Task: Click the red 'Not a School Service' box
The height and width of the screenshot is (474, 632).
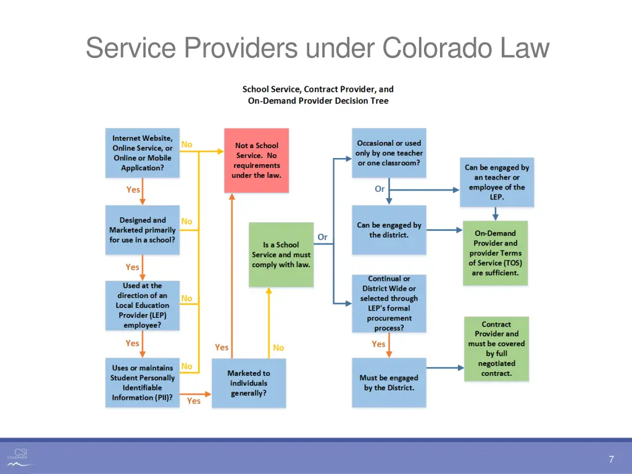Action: [x=256, y=160]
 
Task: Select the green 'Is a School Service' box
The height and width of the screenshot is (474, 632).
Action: [x=281, y=254]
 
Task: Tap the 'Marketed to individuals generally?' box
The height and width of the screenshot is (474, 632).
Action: [x=249, y=383]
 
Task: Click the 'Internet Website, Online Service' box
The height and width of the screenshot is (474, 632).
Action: [x=143, y=153]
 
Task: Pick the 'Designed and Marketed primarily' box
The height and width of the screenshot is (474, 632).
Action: [x=143, y=230]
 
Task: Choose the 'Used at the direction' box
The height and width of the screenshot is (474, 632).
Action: [x=143, y=305]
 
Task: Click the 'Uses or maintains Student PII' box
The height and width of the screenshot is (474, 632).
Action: [x=143, y=383]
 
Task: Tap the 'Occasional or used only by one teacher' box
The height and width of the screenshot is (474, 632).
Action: [x=389, y=153]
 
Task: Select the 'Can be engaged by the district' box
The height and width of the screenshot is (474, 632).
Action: [x=389, y=230]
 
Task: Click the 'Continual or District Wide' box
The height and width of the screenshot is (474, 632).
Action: [x=389, y=304]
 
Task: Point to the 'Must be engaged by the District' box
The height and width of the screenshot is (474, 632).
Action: [x=389, y=383]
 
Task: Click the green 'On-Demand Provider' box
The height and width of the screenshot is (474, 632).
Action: [x=495, y=253]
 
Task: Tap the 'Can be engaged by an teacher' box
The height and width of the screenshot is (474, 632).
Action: [x=497, y=182]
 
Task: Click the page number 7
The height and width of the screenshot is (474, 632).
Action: [x=611, y=459]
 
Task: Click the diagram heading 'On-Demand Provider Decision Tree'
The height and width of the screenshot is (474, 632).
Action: [x=318, y=101]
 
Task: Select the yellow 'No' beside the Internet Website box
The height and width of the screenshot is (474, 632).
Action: [x=186, y=144]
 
